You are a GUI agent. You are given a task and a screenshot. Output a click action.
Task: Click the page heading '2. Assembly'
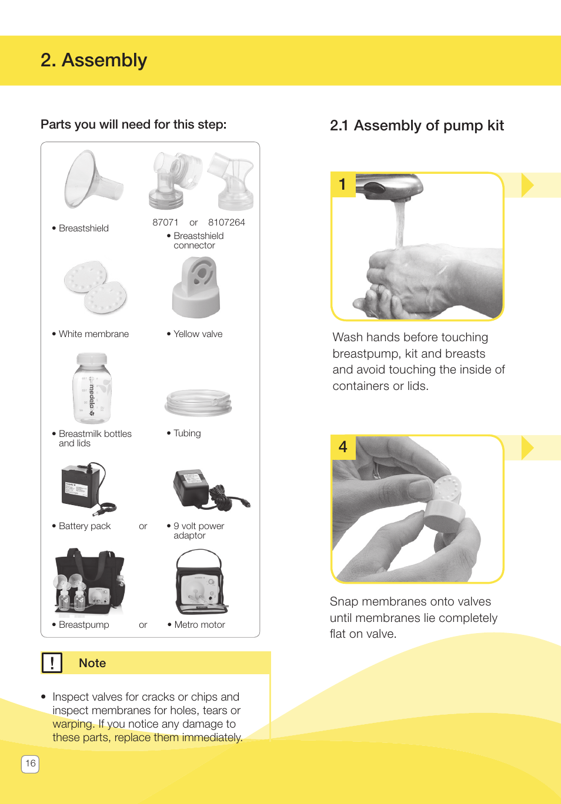pyautogui.click(x=93, y=60)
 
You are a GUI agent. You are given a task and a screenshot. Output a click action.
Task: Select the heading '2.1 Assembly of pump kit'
pyautogui.click(x=416, y=126)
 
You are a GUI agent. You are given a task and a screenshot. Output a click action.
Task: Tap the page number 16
pyautogui.click(x=31, y=763)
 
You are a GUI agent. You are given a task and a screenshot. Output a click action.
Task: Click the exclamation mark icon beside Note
pyautogui.click(x=52, y=663)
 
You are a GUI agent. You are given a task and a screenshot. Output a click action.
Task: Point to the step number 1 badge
pyautogui.click(x=343, y=184)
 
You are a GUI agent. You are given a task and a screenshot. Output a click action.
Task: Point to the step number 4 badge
pyautogui.click(x=343, y=447)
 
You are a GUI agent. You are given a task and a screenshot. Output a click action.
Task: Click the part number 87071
pyautogui.click(x=165, y=223)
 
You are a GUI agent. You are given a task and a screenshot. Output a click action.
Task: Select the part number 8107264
pyautogui.click(x=226, y=223)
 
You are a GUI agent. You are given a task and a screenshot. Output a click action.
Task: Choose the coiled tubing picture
pyautogui.click(x=198, y=403)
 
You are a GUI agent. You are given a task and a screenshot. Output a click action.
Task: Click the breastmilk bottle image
pyautogui.click(x=92, y=388)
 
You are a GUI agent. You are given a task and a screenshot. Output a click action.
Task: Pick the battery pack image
pyautogui.click(x=86, y=487)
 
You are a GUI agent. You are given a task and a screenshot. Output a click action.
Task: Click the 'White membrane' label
pyautogui.click(x=93, y=334)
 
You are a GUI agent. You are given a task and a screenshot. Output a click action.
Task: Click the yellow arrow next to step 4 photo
pyautogui.click(x=527, y=448)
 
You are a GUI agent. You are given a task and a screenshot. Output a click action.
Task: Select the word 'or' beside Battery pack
pyautogui.click(x=143, y=526)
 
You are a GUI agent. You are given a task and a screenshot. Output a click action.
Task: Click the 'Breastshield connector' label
pyautogui.click(x=198, y=241)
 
